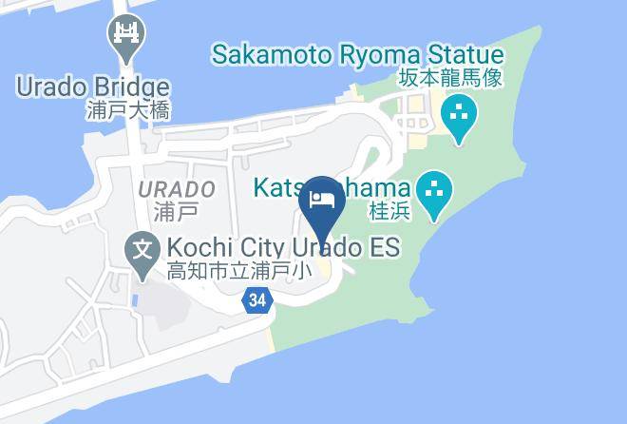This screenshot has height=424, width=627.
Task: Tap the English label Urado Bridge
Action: (x=92, y=88)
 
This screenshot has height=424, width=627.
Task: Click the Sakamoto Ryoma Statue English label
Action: (x=357, y=53)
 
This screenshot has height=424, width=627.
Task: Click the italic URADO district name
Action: (x=177, y=189)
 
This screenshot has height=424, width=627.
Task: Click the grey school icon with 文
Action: (x=142, y=252)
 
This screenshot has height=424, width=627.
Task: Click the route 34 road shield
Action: (x=256, y=300)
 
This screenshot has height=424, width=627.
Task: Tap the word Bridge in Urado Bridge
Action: (x=130, y=88)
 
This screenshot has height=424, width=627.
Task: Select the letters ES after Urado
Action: (x=384, y=248)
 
